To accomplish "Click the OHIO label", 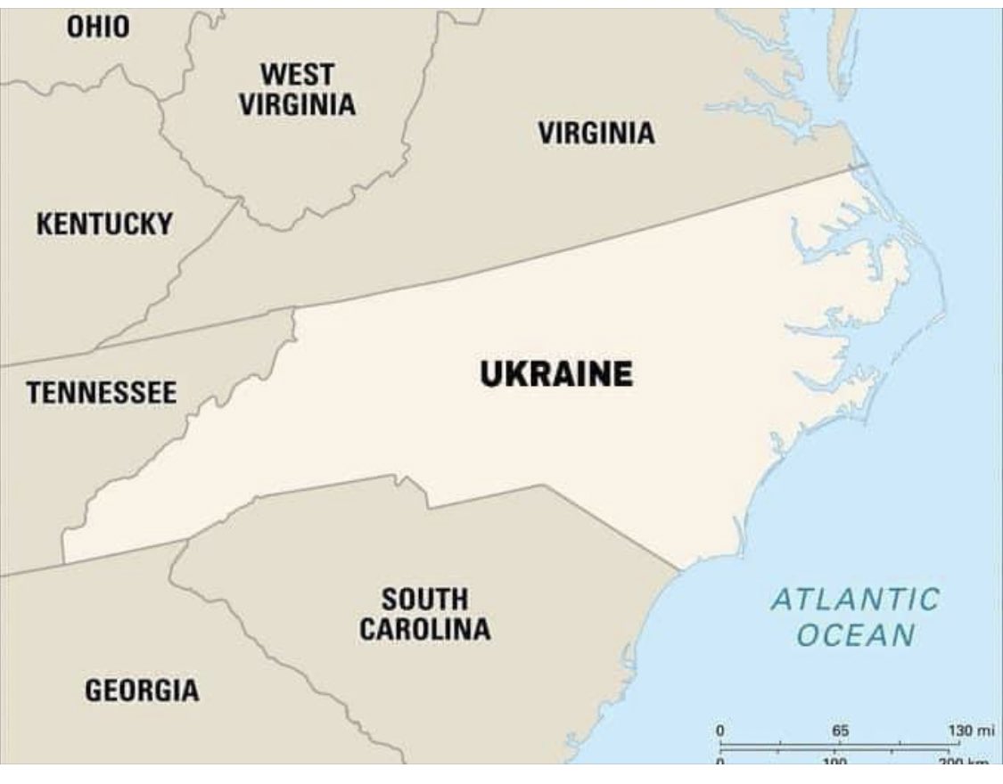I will coord(98,28).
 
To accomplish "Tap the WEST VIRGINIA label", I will coord(297,89).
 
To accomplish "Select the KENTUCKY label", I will coord(104,224).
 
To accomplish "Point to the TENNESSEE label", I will coord(102,392).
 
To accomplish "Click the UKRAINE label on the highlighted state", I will coord(557,373).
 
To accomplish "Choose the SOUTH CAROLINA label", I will coord(424,614).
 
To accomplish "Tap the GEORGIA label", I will coord(142,689).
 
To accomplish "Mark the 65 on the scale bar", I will coord(840,731).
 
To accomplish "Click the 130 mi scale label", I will coord(970,731).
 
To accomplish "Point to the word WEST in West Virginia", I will coord(298,73).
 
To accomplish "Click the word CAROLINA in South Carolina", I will coord(424,629).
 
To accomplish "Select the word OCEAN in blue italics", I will coord(855,635).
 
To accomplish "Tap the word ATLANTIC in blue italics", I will coord(855,599).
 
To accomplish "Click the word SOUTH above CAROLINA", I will coord(424,598).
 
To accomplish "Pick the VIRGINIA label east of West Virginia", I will coord(596,134).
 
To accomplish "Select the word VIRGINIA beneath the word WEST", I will coord(297,104).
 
